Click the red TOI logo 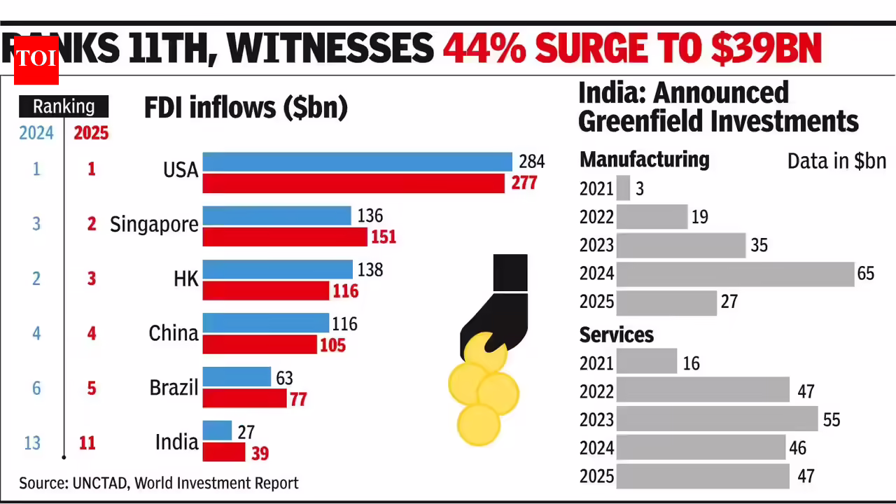(x=36, y=60)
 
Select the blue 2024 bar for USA (x=357, y=162)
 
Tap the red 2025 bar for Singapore (x=285, y=237)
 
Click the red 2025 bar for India (x=224, y=452)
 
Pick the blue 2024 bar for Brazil (x=237, y=377)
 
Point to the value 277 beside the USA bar (x=524, y=183)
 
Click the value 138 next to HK (x=370, y=270)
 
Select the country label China (x=174, y=333)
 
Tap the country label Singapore (x=154, y=225)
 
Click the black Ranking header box (x=64, y=106)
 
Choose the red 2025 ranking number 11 (x=87, y=443)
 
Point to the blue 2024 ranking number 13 (x=32, y=443)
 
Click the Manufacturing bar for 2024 (x=735, y=274)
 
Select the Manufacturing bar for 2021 (x=623, y=188)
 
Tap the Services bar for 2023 (x=717, y=419)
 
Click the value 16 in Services (x=691, y=363)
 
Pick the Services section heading (x=617, y=335)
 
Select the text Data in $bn (x=836, y=161)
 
